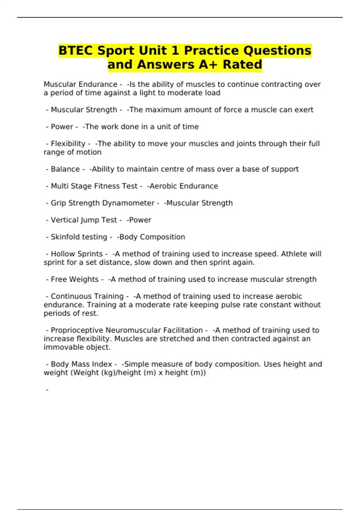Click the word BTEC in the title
[76, 50]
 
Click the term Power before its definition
[62, 127]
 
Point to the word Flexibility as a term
[68, 144]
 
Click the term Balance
[65, 169]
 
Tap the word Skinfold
[64, 237]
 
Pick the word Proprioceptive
[77, 330]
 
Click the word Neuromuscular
[133, 330]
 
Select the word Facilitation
[183, 330]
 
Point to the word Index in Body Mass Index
[102, 364]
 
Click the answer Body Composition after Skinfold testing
[151, 237]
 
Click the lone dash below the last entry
[47, 390]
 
